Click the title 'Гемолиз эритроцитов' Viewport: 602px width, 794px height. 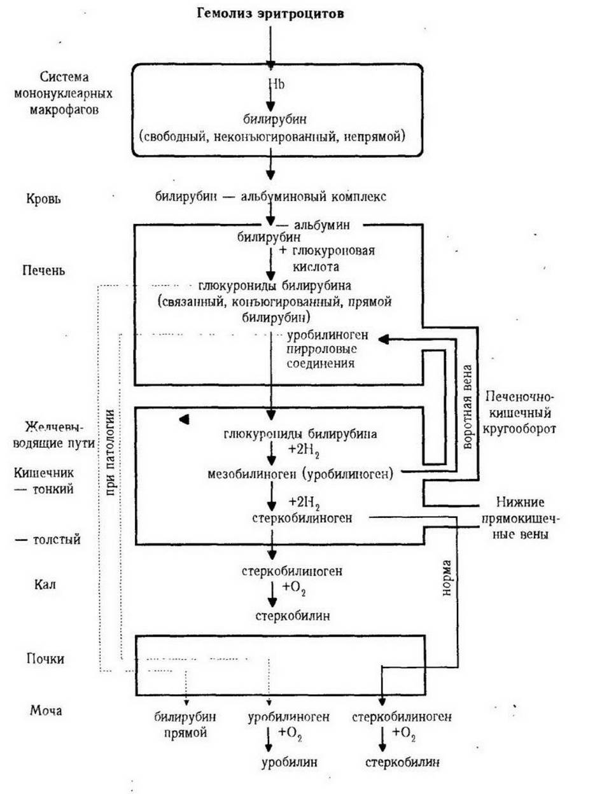[x=270, y=14]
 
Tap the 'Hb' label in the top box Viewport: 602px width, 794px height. [x=276, y=84]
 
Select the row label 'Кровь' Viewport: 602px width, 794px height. [x=43, y=199]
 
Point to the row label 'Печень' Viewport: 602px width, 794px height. [x=44, y=270]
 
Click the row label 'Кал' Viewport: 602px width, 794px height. [x=45, y=585]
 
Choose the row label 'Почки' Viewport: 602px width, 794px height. [x=45, y=658]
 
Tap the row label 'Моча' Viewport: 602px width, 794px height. [x=46, y=711]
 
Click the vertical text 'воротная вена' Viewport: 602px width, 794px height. [x=468, y=407]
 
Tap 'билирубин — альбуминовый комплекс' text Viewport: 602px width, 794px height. [x=270, y=197]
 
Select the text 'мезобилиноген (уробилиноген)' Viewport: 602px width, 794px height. [x=300, y=473]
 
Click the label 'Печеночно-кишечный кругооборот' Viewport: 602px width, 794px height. [x=519, y=413]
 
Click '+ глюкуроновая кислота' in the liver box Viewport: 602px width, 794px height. [x=327, y=259]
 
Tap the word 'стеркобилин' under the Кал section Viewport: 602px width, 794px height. [x=292, y=615]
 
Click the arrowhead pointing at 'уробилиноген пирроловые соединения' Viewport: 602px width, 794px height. [x=384, y=339]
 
